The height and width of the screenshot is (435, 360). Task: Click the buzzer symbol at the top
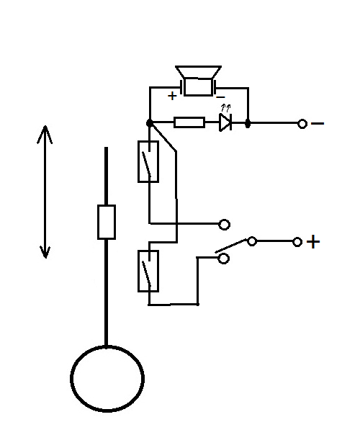(198, 81)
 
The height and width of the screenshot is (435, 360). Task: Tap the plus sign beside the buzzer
(172, 96)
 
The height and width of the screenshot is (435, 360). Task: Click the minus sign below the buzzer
(220, 97)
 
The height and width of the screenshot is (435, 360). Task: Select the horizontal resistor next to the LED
(189, 122)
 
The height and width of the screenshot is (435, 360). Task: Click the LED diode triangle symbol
(225, 122)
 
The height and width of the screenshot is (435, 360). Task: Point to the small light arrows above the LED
(226, 108)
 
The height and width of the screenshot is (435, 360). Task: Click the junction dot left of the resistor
(150, 122)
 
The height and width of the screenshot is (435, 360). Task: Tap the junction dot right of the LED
(248, 123)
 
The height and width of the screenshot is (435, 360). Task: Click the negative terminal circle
(302, 124)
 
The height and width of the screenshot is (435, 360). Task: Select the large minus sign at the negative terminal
(318, 123)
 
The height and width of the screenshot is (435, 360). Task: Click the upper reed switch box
(148, 161)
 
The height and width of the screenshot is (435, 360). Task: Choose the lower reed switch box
(148, 271)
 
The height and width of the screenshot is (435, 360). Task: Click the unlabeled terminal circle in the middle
(225, 224)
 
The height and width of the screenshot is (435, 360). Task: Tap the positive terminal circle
(297, 242)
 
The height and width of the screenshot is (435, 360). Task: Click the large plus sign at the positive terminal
(313, 242)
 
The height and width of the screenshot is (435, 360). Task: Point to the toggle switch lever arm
(231, 246)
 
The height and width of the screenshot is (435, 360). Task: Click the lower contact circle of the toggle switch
(224, 259)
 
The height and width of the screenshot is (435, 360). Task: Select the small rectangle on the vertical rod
(107, 222)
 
